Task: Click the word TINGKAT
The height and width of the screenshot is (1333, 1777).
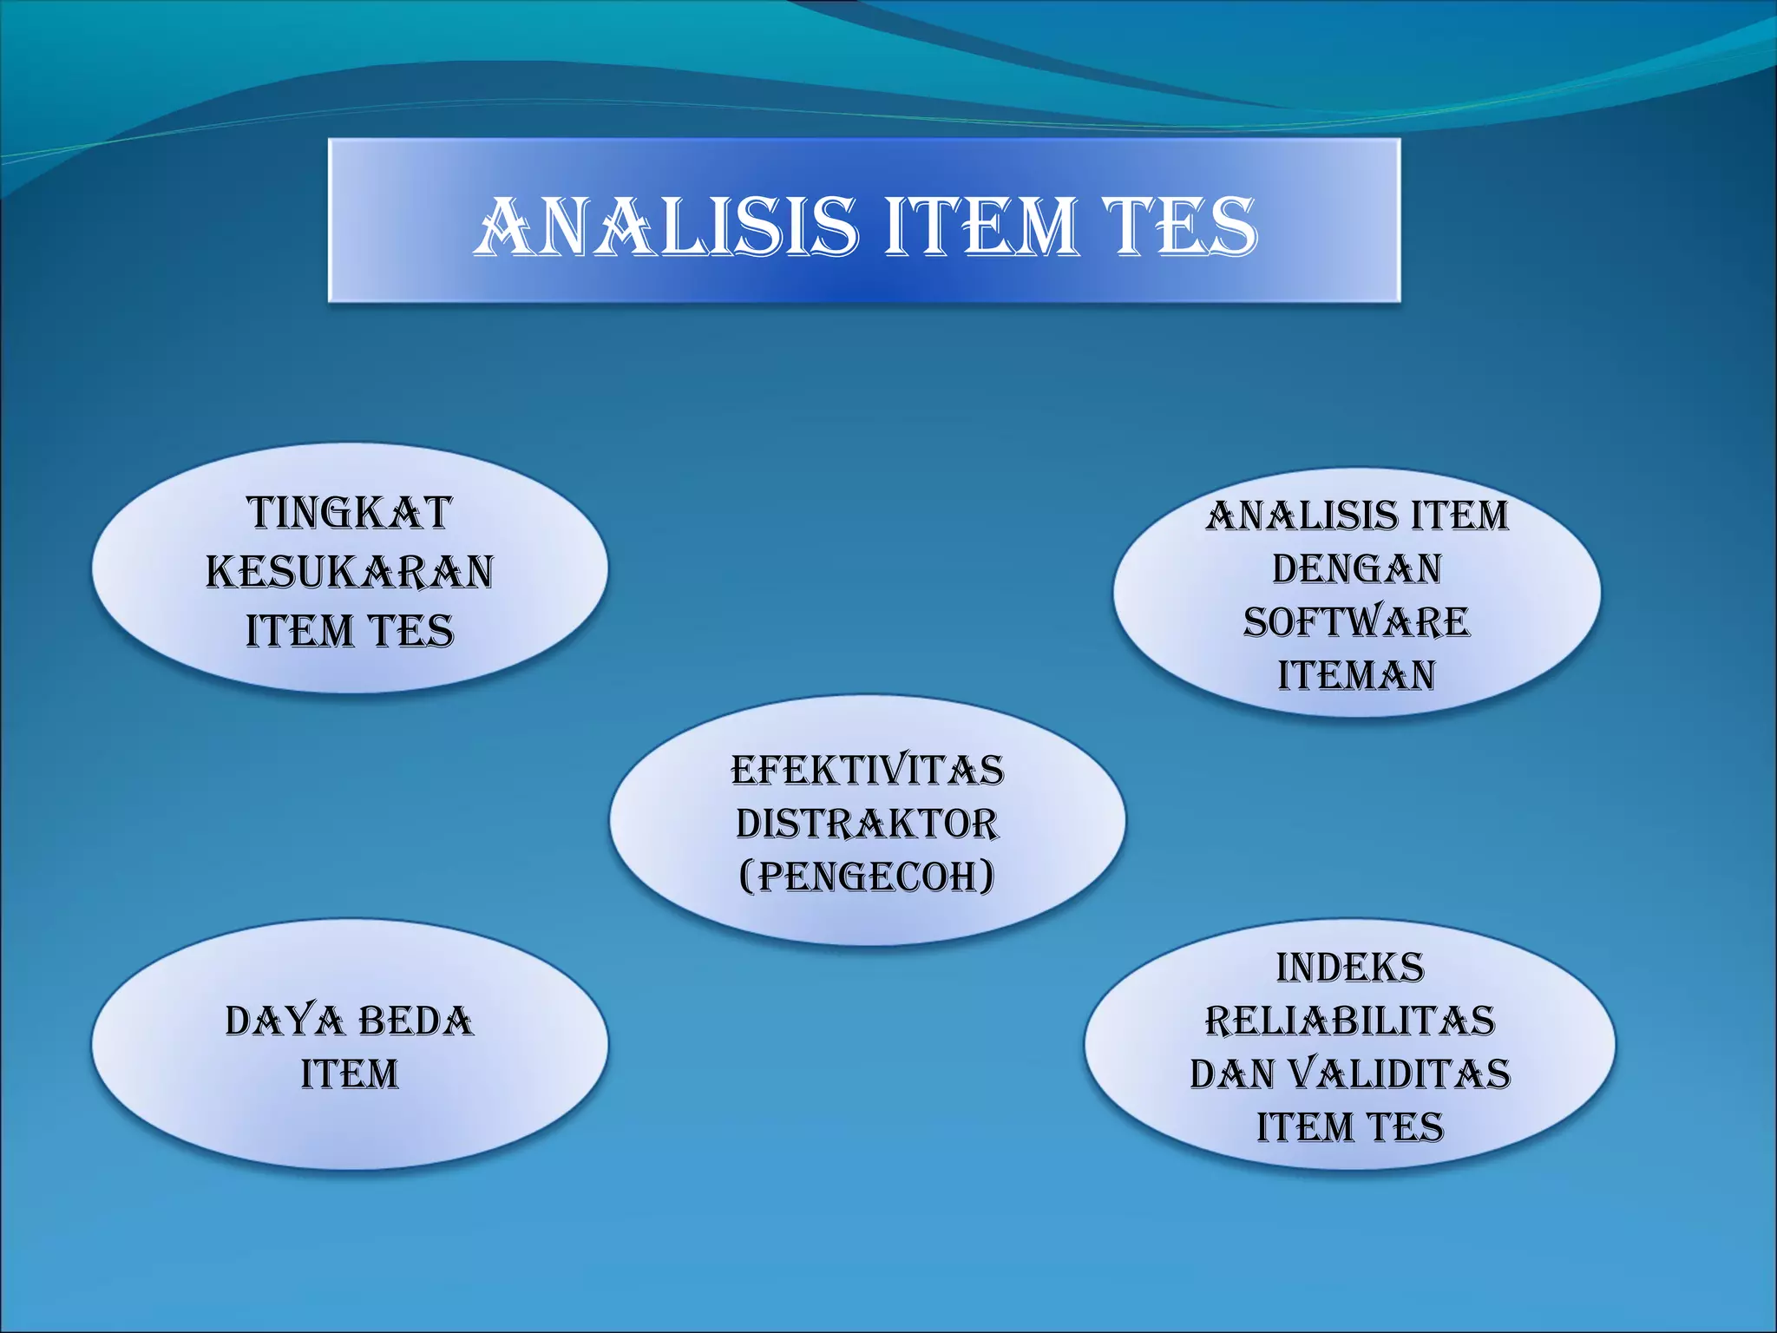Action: [350, 513]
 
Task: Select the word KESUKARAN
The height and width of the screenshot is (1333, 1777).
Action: [350, 572]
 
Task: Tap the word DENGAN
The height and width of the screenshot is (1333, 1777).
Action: [1357, 569]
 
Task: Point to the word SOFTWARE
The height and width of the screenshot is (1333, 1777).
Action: [1357, 622]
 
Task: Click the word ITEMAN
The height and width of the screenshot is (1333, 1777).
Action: [1357, 675]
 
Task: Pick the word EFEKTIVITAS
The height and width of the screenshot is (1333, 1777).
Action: [868, 771]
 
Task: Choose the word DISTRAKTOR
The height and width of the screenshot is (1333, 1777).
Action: [868, 824]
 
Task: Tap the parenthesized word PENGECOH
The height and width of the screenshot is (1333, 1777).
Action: [868, 877]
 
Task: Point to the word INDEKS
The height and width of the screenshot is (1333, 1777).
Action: [1350, 968]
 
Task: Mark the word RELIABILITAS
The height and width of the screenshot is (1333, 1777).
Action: [1350, 1021]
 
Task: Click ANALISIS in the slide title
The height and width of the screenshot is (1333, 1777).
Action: [666, 227]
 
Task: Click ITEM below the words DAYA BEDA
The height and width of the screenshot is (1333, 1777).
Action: [350, 1074]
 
